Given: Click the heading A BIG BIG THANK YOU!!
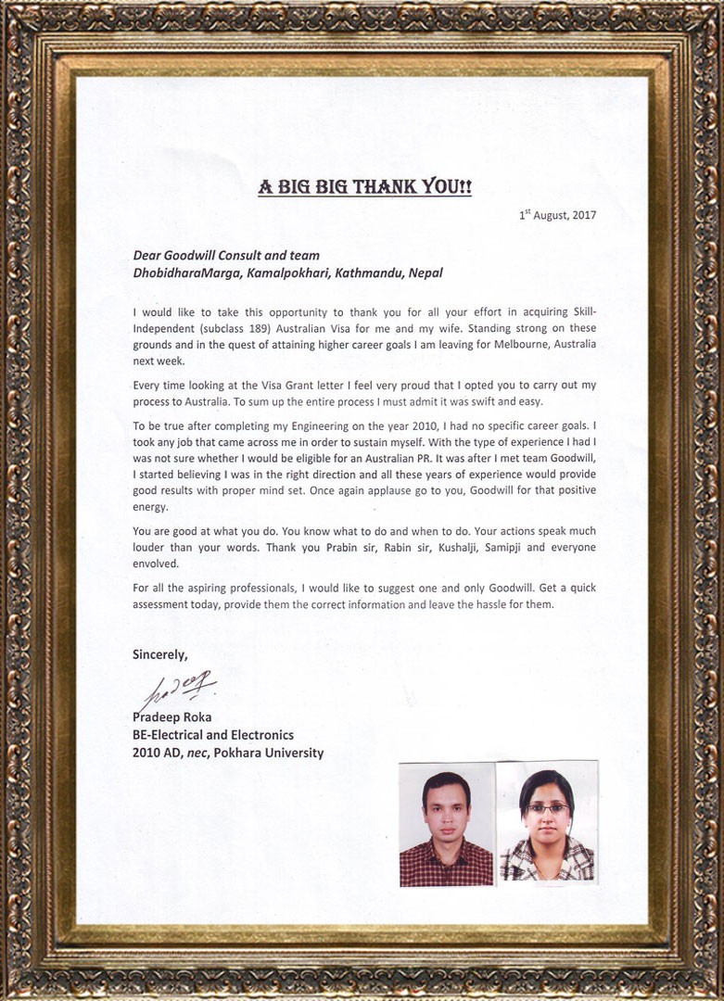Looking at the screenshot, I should [x=364, y=187].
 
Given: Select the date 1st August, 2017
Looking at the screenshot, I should [x=557, y=215].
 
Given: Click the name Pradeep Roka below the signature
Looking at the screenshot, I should [x=171, y=718].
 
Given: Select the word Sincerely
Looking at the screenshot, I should [x=159, y=654].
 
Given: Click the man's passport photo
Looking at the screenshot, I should [x=446, y=825].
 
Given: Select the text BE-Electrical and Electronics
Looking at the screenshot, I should [x=213, y=735].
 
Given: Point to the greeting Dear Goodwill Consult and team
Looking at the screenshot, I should [x=226, y=256].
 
